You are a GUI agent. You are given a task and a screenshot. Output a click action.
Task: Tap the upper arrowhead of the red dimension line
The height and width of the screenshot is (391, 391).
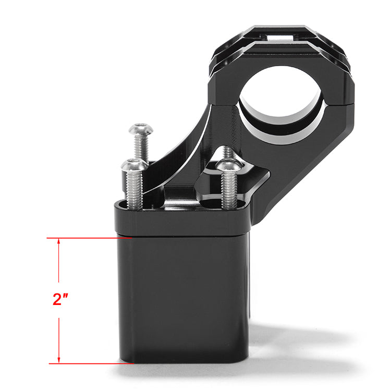59,241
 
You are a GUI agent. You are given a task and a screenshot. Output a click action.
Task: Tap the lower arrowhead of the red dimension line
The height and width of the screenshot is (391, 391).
59,360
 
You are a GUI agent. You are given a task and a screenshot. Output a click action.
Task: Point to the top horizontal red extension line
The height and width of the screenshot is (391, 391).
89,238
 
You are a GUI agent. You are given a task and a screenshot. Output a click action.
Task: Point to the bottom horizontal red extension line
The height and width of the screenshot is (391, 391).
89,363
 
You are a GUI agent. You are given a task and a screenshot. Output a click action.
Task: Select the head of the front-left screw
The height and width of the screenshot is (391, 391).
135,166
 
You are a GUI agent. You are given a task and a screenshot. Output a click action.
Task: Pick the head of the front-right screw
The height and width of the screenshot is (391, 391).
229,166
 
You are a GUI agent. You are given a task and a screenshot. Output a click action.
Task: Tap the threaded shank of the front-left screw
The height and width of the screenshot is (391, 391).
135,190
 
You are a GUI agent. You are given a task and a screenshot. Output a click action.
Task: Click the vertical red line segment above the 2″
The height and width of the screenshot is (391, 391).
59,266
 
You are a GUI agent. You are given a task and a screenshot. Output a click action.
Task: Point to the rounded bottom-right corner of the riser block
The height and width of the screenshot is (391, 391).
241,357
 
